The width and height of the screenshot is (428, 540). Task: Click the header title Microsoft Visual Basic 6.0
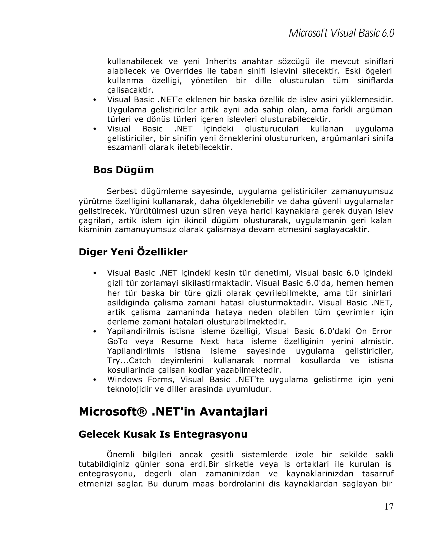pos(341,33)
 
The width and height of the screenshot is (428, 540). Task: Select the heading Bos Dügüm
pos(123,170)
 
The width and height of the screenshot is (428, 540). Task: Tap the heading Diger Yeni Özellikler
pos(133,252)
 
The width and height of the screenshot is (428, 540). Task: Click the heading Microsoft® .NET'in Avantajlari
pos(173,411)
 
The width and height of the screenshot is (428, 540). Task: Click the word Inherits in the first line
pos(221,61)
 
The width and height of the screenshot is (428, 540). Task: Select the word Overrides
pos(183,71)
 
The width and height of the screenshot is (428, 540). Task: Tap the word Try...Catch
pos(129,360)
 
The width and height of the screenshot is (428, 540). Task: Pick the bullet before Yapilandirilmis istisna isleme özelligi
pos(95,332)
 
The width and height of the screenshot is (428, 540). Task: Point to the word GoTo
pos(117,341)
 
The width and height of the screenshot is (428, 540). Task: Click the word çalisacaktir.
pos(130,90)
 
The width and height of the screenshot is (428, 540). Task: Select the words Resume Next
pos(190,341)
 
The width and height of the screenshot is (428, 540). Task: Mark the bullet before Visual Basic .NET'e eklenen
pos(95,100)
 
